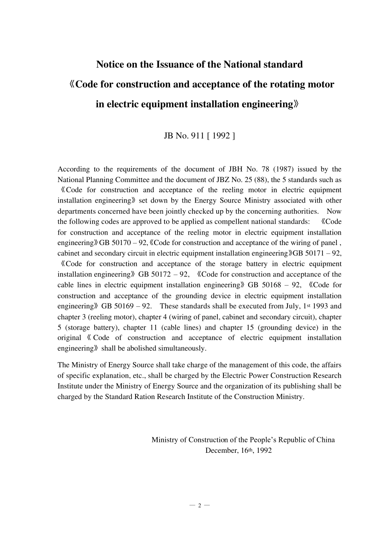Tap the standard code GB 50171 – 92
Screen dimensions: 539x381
coord(317,253)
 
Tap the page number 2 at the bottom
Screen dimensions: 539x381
coord(199,506)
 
